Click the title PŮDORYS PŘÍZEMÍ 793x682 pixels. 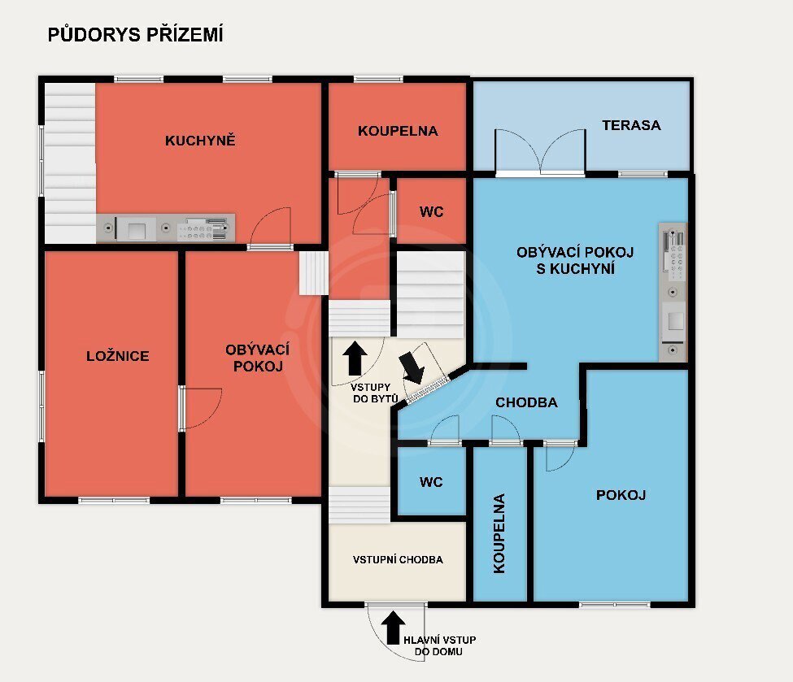[135, 35]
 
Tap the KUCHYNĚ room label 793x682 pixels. [200, 140]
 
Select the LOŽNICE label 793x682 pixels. [118, 356]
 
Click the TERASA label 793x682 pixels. [631, 125]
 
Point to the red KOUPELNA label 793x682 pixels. [398, 131]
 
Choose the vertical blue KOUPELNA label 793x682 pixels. [499, 533]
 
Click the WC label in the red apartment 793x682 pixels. [431, 212]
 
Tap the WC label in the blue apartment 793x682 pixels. [431, 482]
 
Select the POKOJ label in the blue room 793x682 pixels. [621, 495]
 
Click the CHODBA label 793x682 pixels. [526, 402]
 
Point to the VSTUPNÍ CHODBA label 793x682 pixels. [398, 559]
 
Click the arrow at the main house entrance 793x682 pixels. [393, 628]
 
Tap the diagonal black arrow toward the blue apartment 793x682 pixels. [412, 367]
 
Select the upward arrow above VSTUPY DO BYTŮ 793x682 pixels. [355, 358]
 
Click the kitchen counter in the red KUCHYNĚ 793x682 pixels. [166, 228]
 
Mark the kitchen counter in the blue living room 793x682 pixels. [673, 292]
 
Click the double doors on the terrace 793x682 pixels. [540, 152]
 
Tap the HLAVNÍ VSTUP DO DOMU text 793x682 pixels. [439, 645]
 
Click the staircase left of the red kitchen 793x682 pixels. [70, 163]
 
